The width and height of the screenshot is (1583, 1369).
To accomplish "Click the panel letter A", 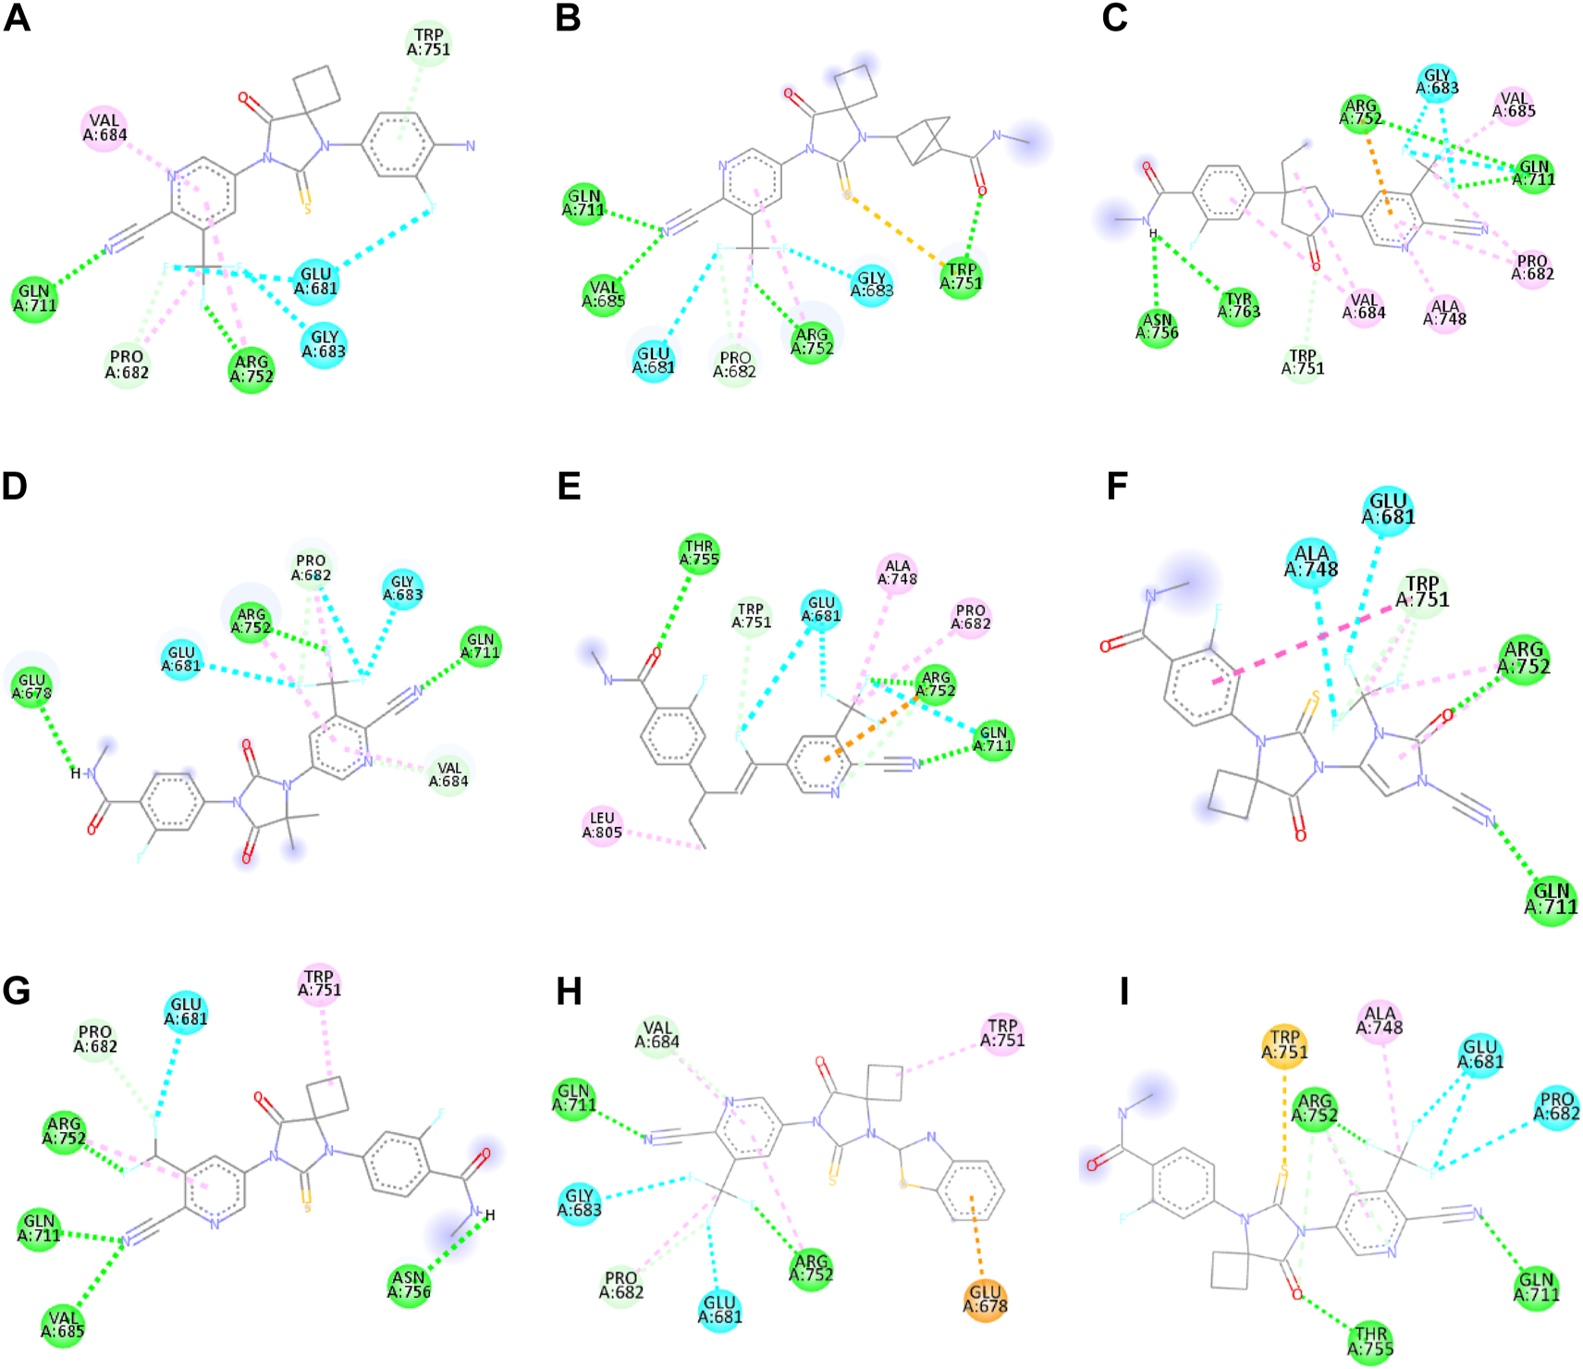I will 18,18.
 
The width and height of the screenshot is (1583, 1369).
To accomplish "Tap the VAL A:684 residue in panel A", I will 104,128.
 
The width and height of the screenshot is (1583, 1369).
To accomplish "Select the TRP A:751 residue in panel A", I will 428,43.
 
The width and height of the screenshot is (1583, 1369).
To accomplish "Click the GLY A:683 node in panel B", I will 871,283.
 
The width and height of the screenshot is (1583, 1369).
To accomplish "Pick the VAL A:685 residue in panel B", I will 604,294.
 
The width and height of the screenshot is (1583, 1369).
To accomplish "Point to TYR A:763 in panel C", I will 1238,305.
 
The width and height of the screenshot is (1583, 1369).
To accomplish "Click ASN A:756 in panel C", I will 1157,327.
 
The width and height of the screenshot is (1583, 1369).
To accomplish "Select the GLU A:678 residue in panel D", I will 32,687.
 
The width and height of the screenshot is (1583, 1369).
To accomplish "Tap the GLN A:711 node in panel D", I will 481,645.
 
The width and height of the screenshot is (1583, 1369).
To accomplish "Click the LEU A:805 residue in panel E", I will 602,825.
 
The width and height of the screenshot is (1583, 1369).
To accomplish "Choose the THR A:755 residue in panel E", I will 699,554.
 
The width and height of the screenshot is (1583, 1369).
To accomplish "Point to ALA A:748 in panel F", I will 1311,561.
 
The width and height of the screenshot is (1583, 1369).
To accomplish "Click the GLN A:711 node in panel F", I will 1551,899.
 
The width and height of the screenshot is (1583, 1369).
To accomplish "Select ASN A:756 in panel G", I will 409,1285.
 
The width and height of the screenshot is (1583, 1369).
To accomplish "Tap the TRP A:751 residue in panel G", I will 319,983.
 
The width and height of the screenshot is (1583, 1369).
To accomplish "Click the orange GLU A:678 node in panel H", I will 985,1299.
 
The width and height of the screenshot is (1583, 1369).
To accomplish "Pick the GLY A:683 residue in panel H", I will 580,1202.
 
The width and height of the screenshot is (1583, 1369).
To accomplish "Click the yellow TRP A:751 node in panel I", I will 1284,1045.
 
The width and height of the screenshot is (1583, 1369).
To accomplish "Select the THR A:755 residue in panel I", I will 1370,1341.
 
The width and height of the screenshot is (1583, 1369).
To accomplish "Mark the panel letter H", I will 569,993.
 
